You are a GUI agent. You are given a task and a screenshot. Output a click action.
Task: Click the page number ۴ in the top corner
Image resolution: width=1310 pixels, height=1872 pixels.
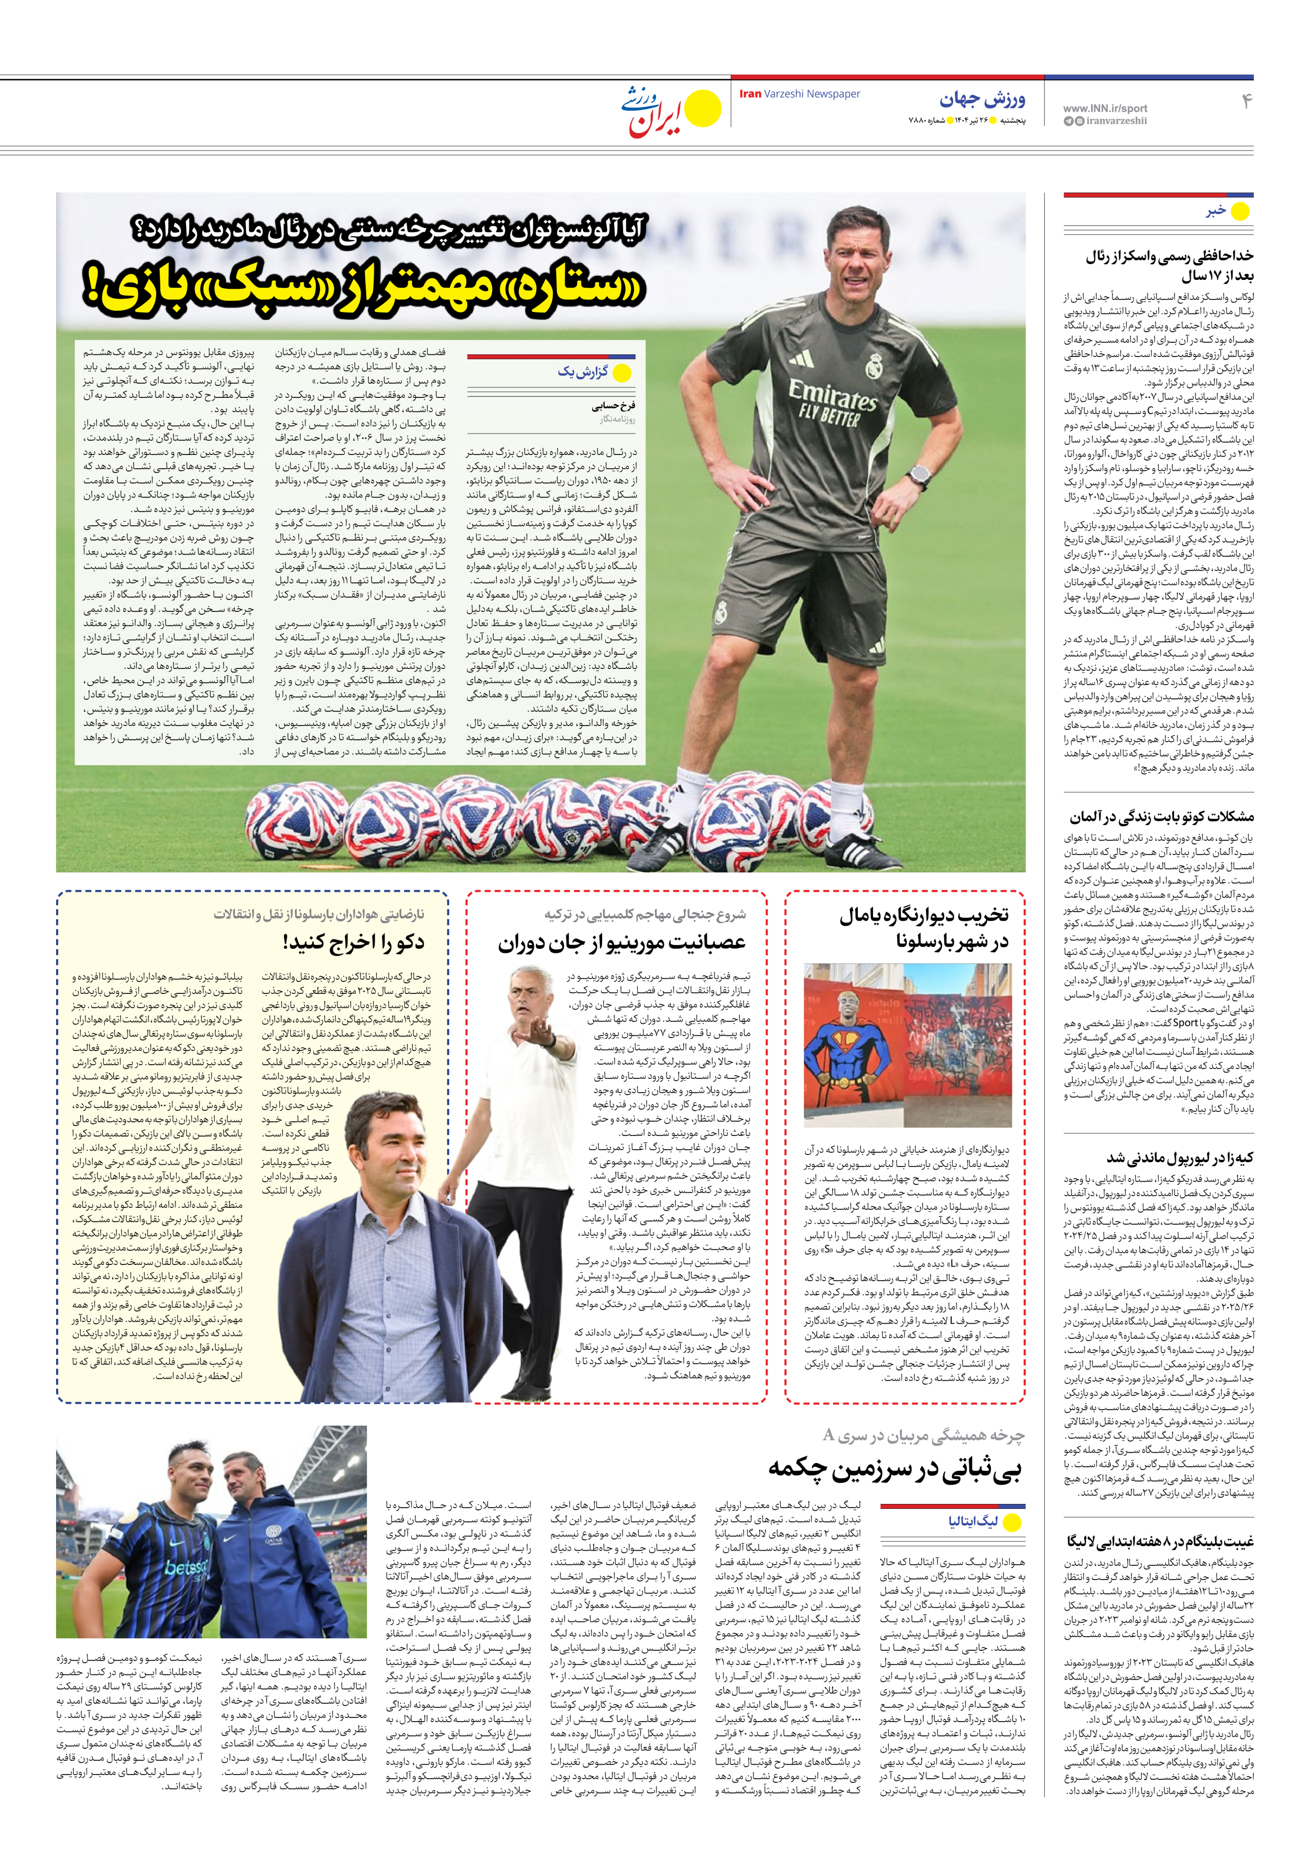tap(1246, 101)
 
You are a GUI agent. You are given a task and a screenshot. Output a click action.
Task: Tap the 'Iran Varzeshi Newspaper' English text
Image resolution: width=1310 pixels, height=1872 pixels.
tap(799, 94)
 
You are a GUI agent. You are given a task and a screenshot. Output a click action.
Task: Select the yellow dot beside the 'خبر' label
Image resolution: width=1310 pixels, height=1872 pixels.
tap(1239, 212)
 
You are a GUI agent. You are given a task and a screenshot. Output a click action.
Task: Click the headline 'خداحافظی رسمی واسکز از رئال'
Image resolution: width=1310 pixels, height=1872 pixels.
tap(1169, 257)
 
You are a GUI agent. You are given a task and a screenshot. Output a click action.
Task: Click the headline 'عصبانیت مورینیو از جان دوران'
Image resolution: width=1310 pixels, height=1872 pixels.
tap(621, 943)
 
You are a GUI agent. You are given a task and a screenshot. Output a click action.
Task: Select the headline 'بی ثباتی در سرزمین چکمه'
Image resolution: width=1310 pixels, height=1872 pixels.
tap(894, 1470)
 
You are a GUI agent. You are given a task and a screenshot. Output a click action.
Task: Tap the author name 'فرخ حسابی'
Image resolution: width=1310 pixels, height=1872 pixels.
tap(613, 405)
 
